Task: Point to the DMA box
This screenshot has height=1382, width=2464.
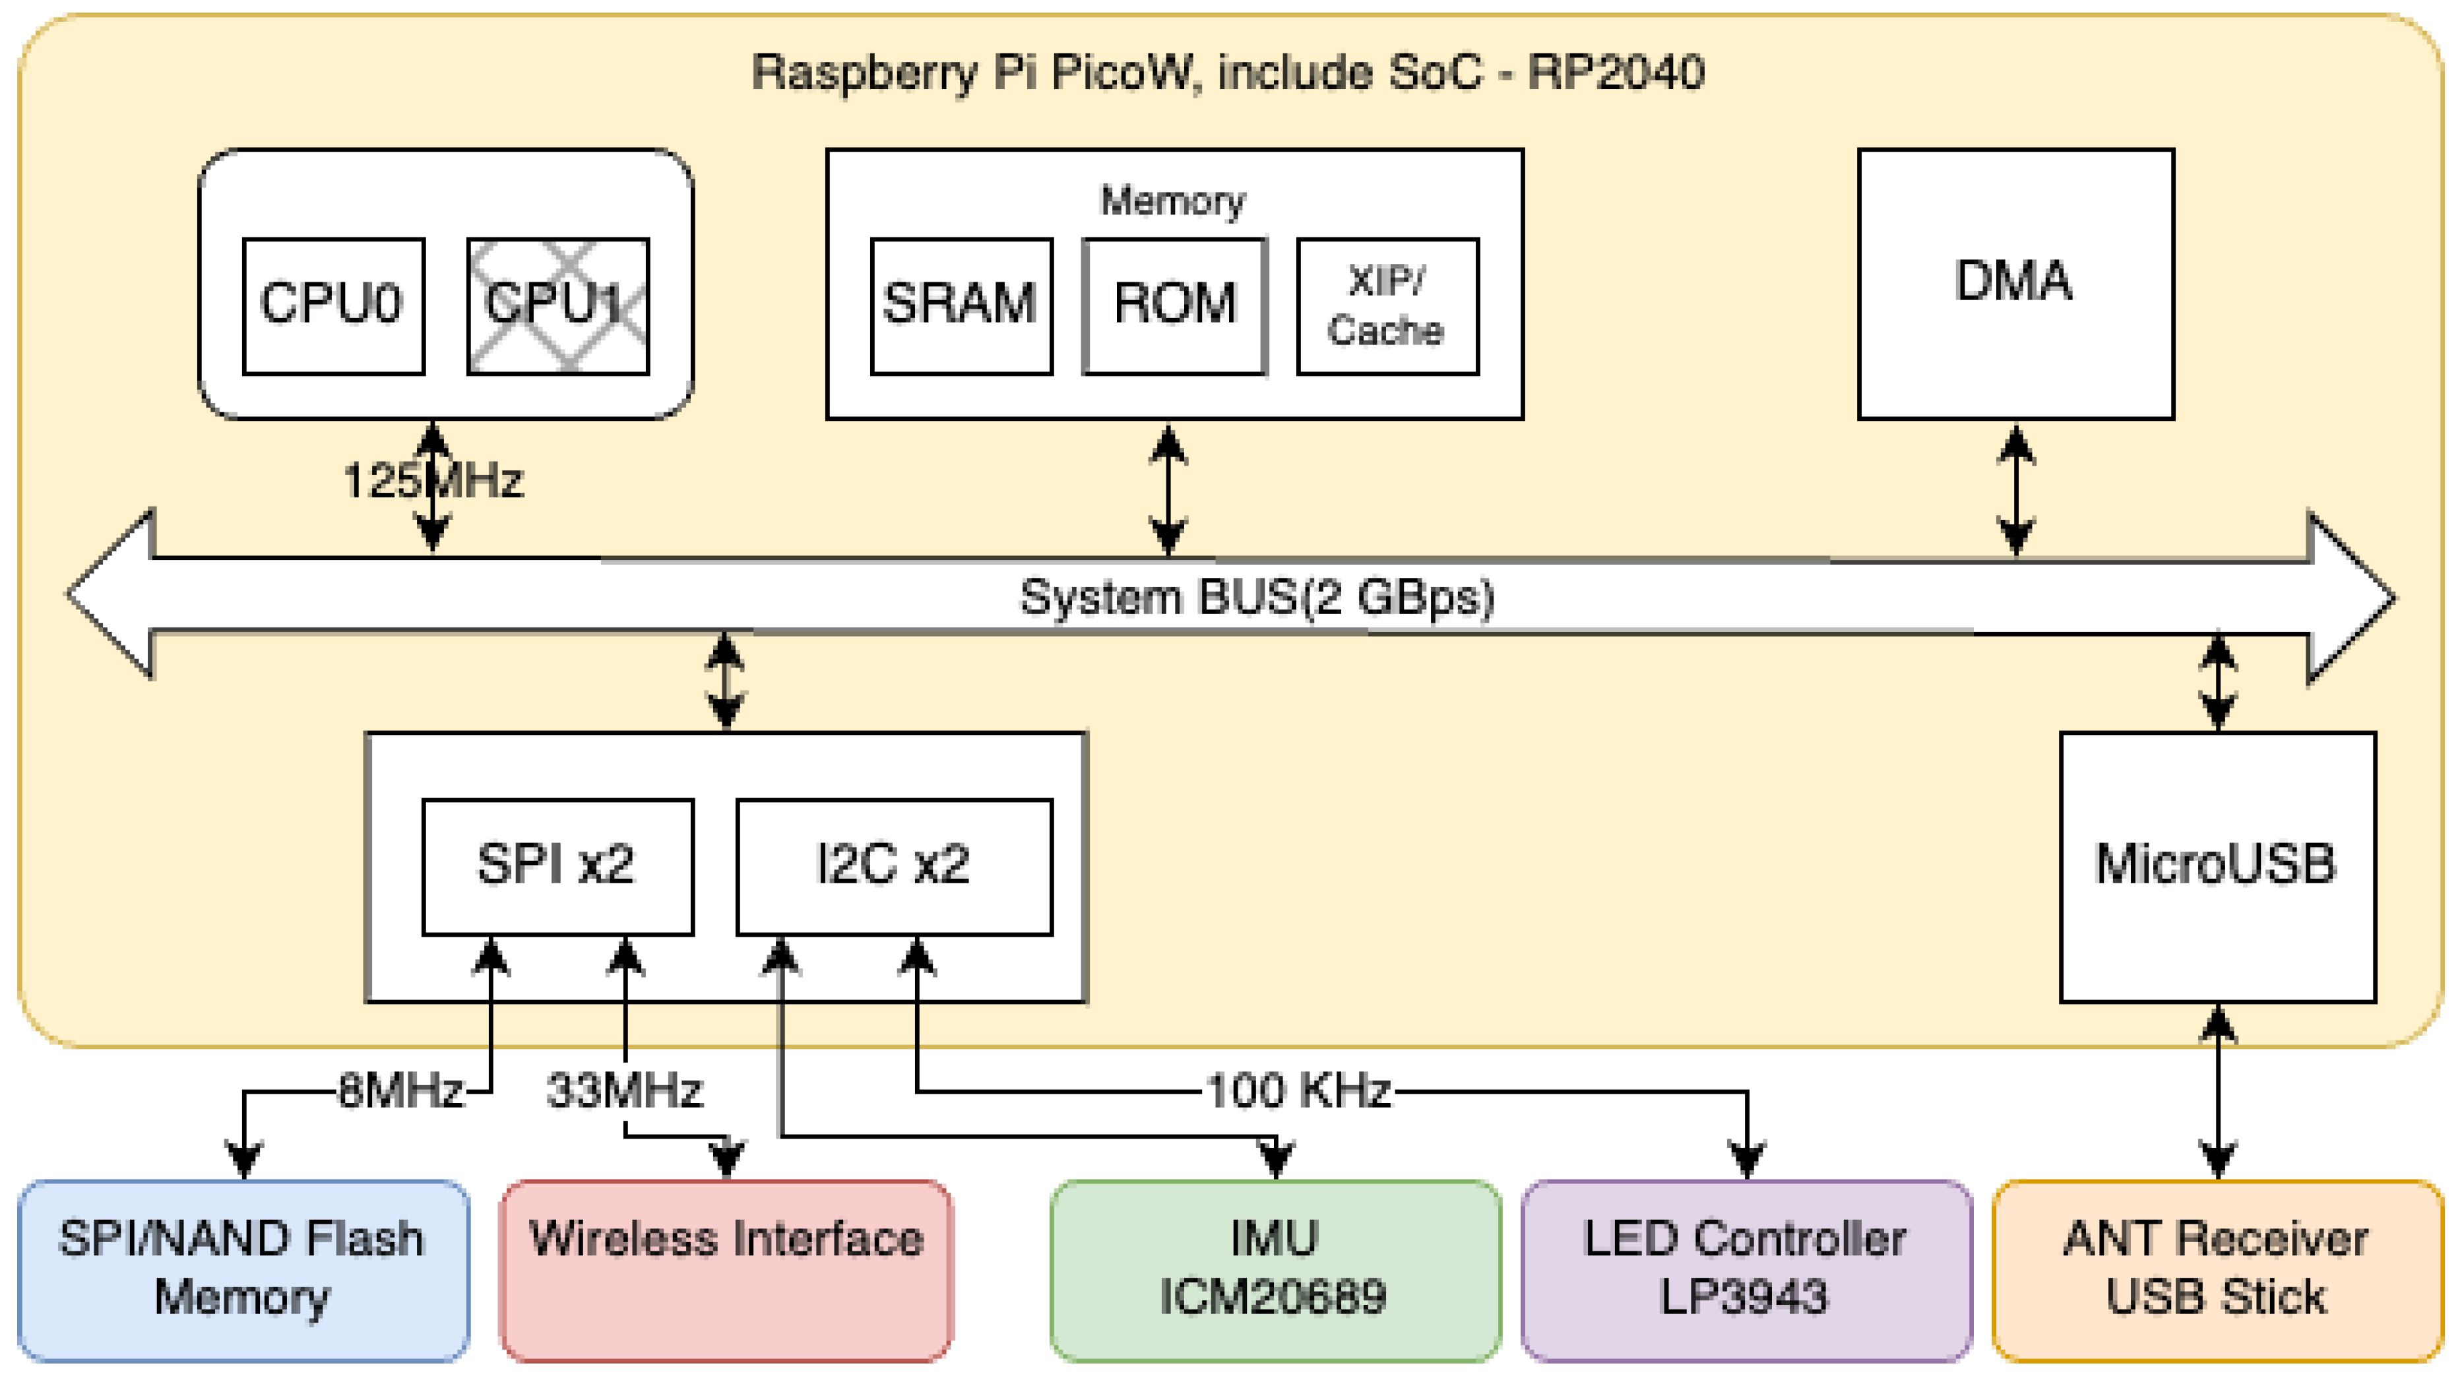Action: coord(2015,283)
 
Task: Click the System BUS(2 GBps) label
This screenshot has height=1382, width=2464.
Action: coord(1256,597)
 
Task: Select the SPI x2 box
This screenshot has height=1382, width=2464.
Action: coord(557,865)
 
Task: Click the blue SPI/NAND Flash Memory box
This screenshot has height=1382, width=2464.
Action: coord(243,1269)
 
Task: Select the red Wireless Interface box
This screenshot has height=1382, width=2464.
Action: coord(726,1269)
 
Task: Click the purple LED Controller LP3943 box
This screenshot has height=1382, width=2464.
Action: coord(1746,1269)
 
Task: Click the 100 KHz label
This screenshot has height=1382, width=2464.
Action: coord(1298,1090)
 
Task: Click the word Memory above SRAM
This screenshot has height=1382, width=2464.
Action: coord(1173,201)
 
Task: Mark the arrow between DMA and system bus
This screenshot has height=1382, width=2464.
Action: coord(2015,489)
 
